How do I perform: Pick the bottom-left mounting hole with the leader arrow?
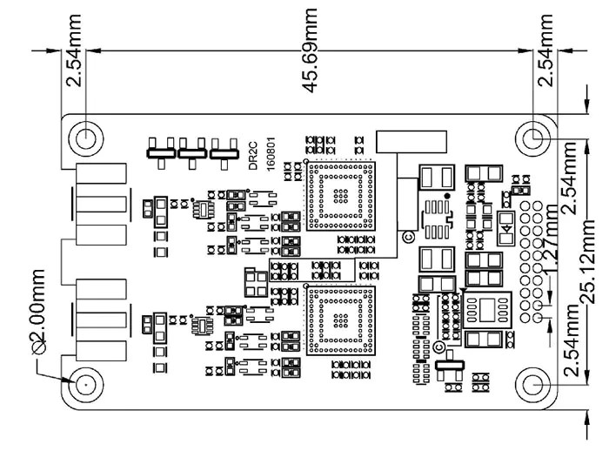click(x=87, y=386)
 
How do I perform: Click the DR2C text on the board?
click(x=252, y=156)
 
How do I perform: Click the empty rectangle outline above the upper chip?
click(x=409, y=143)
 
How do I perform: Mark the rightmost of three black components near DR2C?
click(x=222, y=152)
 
